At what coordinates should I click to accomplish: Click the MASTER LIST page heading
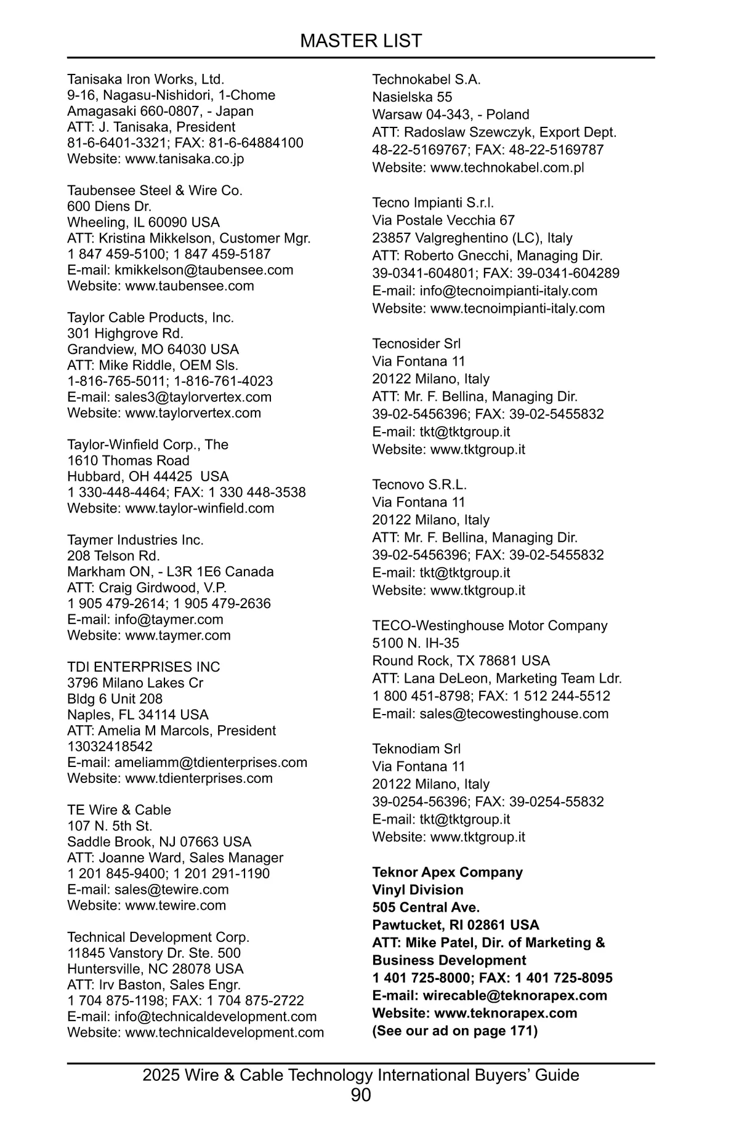[361, 41]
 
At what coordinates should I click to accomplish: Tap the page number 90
[361, 1095]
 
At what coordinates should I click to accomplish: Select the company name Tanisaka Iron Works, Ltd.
[145, 79]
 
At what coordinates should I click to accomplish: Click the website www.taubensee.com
[190, 286]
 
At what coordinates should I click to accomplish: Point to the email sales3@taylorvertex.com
[193, 397]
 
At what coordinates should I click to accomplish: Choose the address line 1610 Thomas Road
[128, 460]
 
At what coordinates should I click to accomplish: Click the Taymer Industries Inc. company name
[135, 540]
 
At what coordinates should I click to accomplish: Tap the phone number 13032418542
[110, 746]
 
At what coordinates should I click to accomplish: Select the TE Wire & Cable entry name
[119, 810]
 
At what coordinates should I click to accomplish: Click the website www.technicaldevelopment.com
[224, 1032]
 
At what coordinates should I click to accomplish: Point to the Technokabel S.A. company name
[426, 79]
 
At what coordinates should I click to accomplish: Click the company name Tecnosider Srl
[416, 343]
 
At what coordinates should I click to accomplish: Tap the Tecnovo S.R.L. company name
[419, 484]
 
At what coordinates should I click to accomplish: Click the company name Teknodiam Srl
[416, 749]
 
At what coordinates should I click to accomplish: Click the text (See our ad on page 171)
[454, 1030]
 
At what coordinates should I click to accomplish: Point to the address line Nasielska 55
[412, 97]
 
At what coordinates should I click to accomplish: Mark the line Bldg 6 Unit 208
[115, 699]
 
